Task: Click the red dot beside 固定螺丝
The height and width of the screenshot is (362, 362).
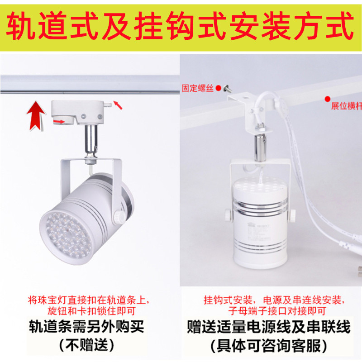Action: pyautogui.click(x=218, y=87)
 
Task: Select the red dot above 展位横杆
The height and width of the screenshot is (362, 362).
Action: pyautogui.click(x=327, y=98)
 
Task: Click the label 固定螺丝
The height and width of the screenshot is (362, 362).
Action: pyautogui.click(x=197, y=88)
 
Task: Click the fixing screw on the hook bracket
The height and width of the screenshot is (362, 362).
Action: pyautogui.click(x=227, y=89)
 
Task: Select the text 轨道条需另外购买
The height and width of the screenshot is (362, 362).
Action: pyautogui.click(x=90, y=327)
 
